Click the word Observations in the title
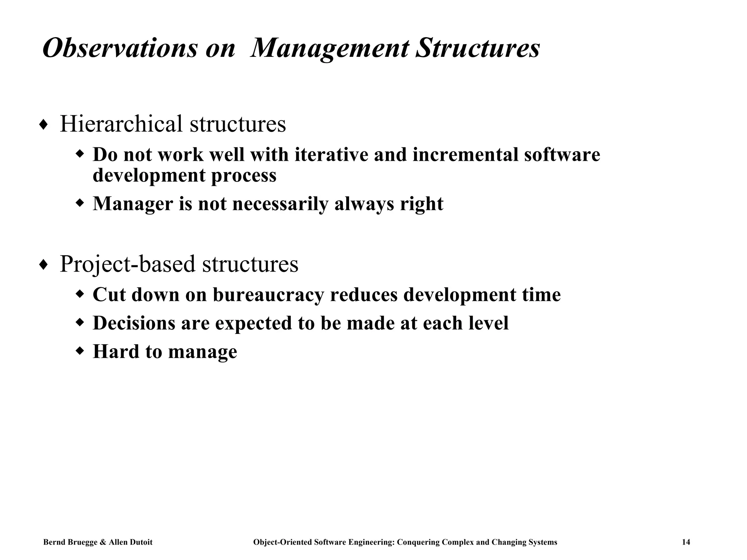(x=120, y=48)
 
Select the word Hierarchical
(x=121, y=124)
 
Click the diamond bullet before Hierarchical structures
(x=43, y=125)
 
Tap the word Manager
(x=133, y=203)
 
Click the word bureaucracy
(x=268, y=295)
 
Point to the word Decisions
(x=134, y=323)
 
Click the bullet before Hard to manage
(x=80, y=351)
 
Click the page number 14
(x=686, y=542)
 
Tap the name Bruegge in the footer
(x=82, y=542)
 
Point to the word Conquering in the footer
(x=418, y=542)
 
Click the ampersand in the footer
(x=102, y=542)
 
